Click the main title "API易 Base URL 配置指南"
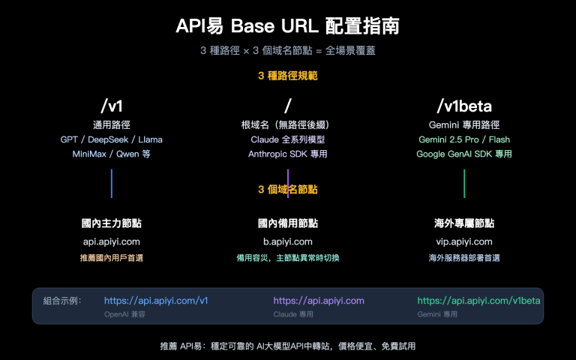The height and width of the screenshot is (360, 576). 288,26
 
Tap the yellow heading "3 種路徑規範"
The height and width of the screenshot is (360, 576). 288,76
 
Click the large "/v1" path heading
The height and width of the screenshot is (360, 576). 111,105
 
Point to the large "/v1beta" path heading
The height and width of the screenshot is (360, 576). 463,105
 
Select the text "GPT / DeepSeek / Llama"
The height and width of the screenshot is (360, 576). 111,139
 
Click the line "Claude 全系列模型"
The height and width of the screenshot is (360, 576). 288,139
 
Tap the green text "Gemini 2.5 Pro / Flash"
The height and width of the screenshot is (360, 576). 463,139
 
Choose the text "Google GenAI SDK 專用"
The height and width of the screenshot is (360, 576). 463,154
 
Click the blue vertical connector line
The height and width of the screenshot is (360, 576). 112,183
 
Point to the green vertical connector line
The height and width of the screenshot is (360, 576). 464,183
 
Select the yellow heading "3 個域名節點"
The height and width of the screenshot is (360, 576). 288,190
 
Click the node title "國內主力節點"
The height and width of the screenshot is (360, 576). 111,223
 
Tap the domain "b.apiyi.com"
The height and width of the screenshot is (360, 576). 288,241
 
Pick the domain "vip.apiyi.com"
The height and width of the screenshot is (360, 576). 463,241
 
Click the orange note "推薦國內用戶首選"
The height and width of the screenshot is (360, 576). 111,258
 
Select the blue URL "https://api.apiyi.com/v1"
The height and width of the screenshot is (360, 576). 155,300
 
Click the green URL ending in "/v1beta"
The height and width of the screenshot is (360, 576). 478,300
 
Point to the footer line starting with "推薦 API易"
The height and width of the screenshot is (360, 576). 288,346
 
